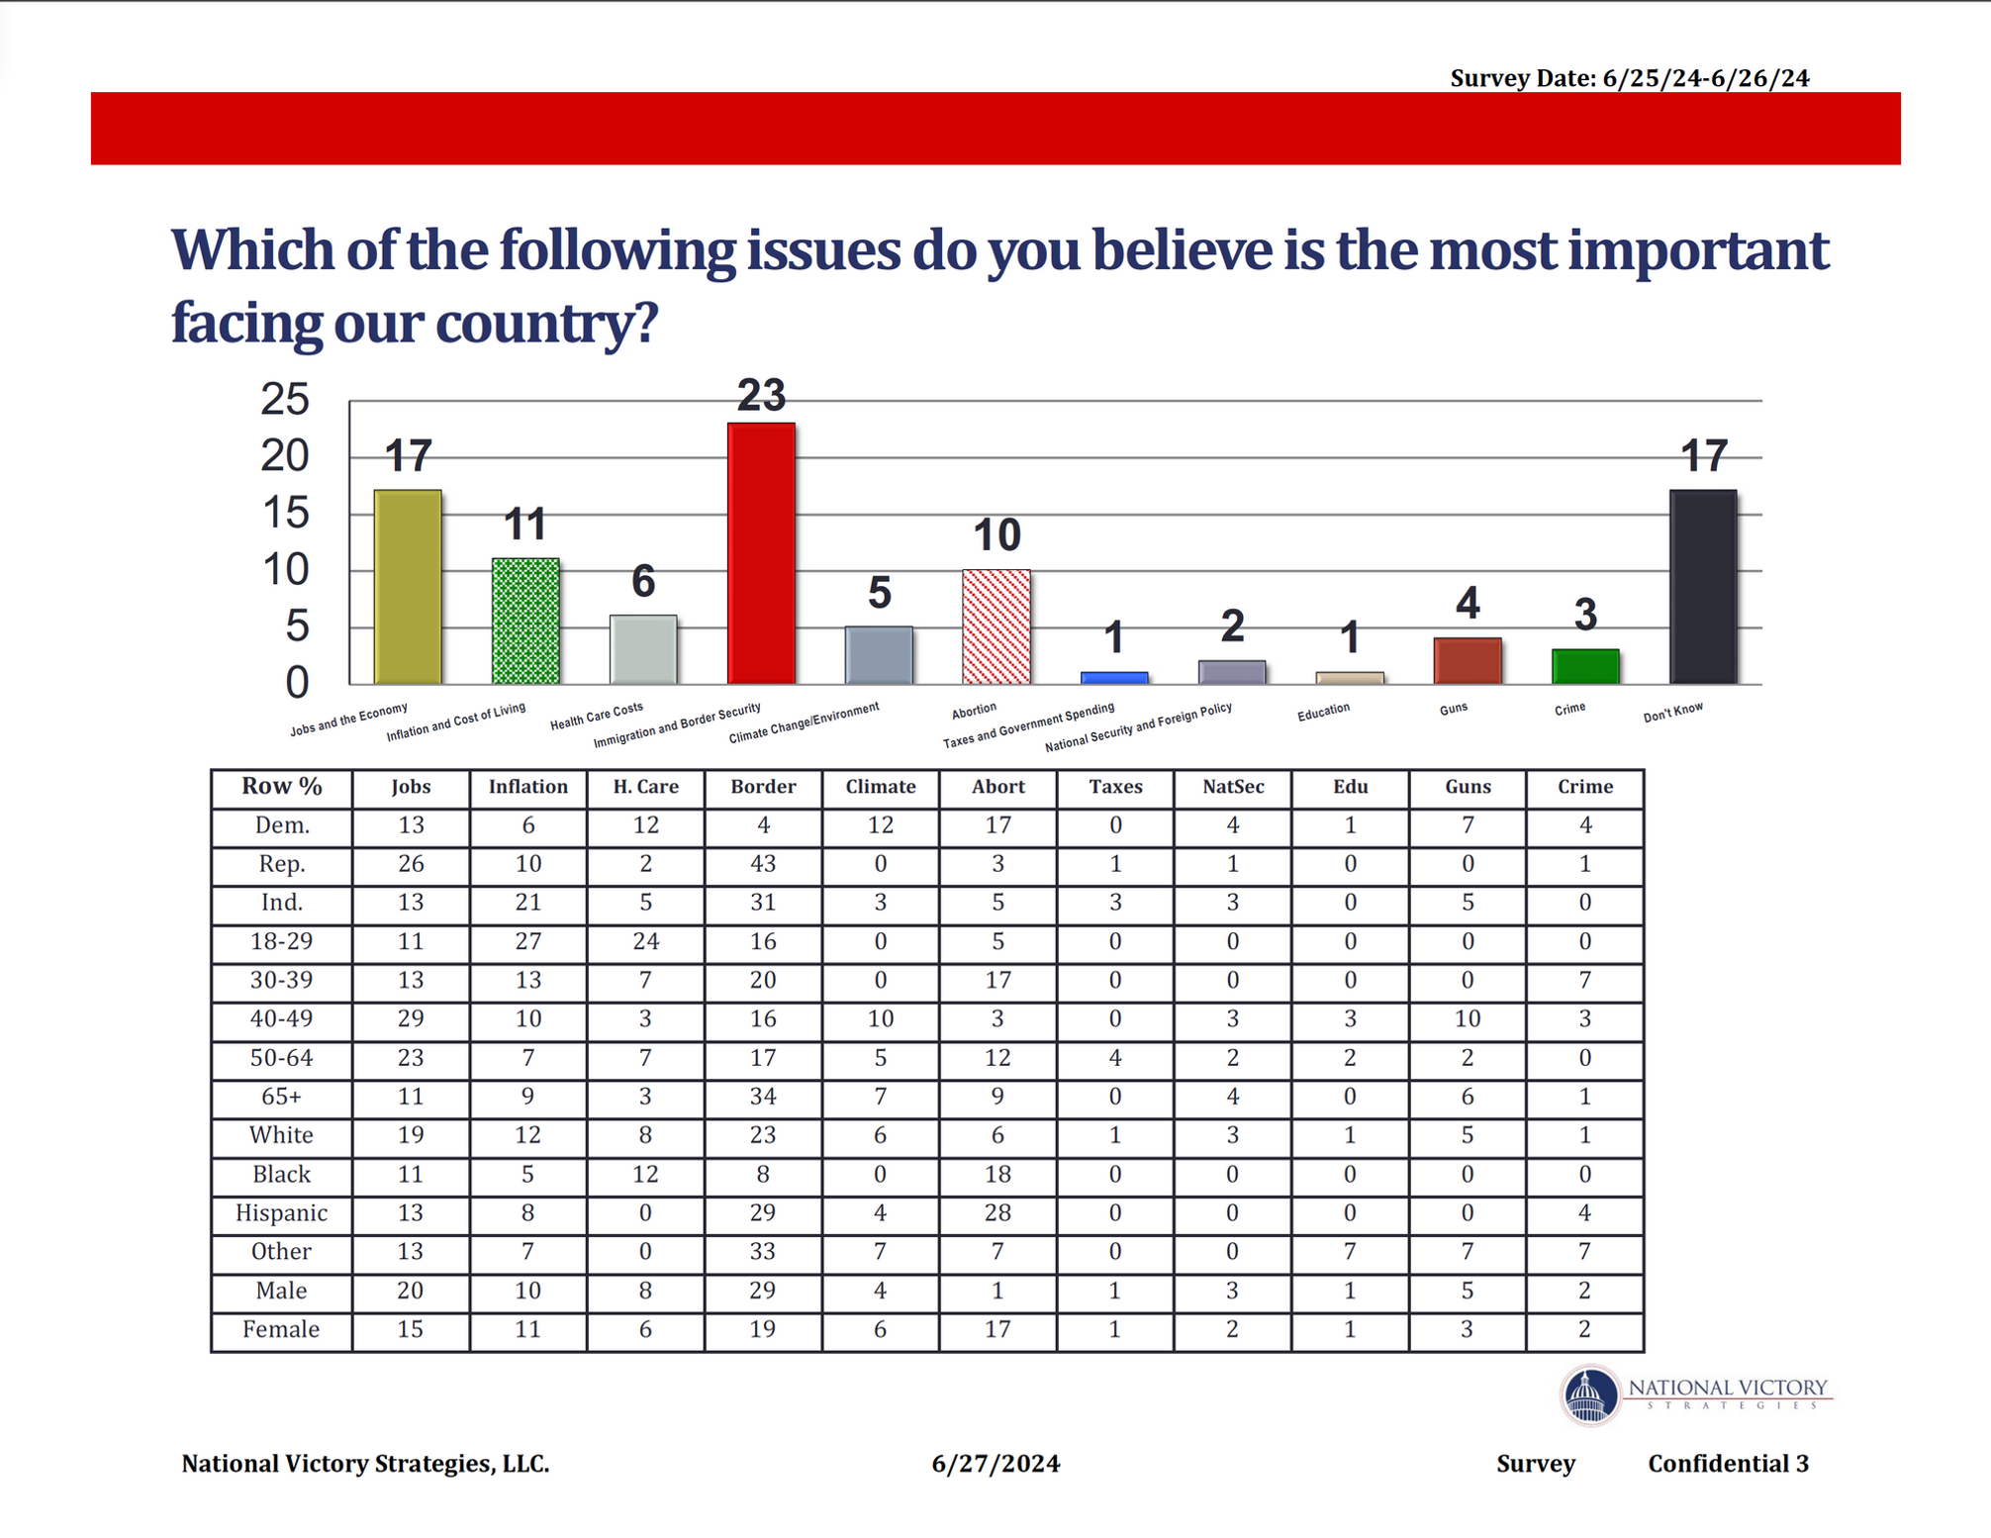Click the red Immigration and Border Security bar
pyautogui.click(x=761, y=553)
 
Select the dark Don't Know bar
pyautogui.click(x=1703, y=587)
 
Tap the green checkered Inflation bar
pyautogui.click(x=525, y=621)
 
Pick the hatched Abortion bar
pyautogui.click(x=996, y=626)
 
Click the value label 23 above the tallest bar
pyautogui.click(x=761, y=396)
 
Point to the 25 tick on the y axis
pyautogui.click(x=285, y=400)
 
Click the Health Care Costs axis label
pyautogui.click(x=597, y=716)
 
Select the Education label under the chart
pyautogui.click(x=1323, y=712)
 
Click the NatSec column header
pyautogui.click(x=1232, y=787)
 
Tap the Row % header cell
pyautogui.click(x=282, y=787)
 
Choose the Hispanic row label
pyautogui.click(x=282, y=1213)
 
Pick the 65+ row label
pyautogui.click(x=282, y=1097)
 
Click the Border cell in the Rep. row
pyautogui.click(x=763, y=864)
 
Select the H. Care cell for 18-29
pyautogui.click(x=645, y=941)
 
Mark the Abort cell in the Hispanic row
pyautogui.click(x=997, y=1213)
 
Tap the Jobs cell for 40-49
pyautogui.click(x=411, y=1018)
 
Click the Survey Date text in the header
pyautogui.click(x=1629, y=78)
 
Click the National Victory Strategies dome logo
pyautogui.click(x=1590, y=1395)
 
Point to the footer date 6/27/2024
pyautogui.click(x=995, y=1464)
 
